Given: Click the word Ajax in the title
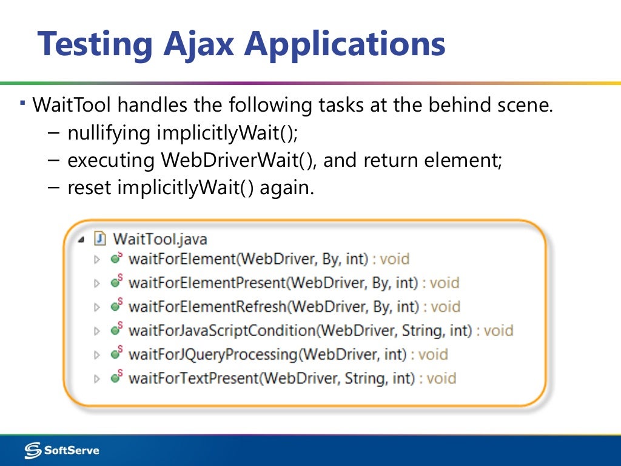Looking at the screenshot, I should pyautogui.click(x=199, y=44).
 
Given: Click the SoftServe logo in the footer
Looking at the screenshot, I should pyautogui.click(x=62, y=450).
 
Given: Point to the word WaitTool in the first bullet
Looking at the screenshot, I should pyautogui.click(x=72, y=106).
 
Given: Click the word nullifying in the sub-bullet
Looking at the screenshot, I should pyautogui.click(x=109, y=133).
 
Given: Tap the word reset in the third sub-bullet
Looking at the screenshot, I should pyautogui.click(x=90, y=187).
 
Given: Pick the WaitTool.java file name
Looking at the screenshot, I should pyautogui.click(x=160, y=238).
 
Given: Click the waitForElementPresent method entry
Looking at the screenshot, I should pyautogui.click(x=274, y=283).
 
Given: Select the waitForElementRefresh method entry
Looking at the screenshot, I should pyautogui.click(x=274, y=306).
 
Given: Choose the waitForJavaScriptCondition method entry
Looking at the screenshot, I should pyautogui.click(x=300, y=331).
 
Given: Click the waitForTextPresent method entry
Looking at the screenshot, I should pyautogui.click(x=272, y=379).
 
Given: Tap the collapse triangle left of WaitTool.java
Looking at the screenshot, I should pyautogui.click(x=81, y=238).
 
